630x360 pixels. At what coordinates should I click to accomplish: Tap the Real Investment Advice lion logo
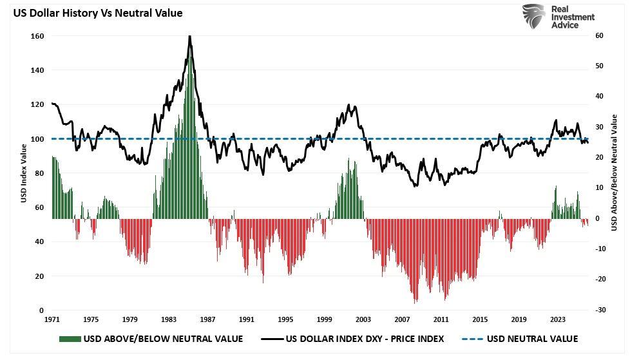(x=533, y=17)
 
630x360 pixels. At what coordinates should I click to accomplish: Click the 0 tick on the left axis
(x=41, y=310)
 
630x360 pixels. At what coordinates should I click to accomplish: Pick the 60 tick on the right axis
(x=598, y=36)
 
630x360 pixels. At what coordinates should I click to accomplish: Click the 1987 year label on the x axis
(x=207, y=319)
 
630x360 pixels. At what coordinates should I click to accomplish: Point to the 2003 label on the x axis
(x=363, y=319)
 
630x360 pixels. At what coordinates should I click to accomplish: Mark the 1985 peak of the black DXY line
(x=189, y=37)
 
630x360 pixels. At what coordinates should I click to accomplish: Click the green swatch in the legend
(x=70, y=339)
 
